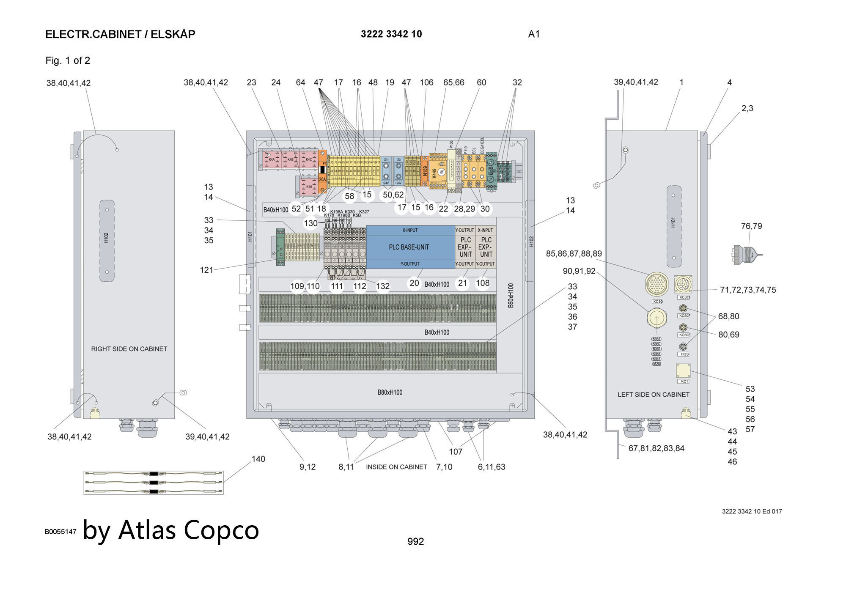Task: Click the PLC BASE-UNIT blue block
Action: pyautogui.click(x=409, y=247)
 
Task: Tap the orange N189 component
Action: pyautogui.click(x=425, y=170)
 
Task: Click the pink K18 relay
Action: pyautogui.click(x=308, y=187)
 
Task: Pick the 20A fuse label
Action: pyautogui.click(x=322, y=179)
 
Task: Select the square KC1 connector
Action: pyautogui.click(x=683, y=370)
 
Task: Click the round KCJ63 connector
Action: pyautogui.click(x=682, y=283)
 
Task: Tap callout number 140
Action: pyautogui.click(x=258, y=459)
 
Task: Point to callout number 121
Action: pyautogui.click(x=206, y=270)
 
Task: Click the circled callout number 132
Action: pyautogui.click(x=383, y=286)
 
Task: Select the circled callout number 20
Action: pyautogui.click(x=415, y=283)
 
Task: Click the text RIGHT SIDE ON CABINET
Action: pyautogui.click(x=129, y=349)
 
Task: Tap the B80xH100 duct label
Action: pyautogui.click(x=390, y=392)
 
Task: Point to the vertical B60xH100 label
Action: pyautogui.click(x=511, y=295)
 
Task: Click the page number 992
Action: pyautogui.click(x=415, y=541)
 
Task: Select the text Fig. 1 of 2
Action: pyautogui.click(x=68, y=60)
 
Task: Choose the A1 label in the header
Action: pyautogui.click(x=534, y=34)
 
